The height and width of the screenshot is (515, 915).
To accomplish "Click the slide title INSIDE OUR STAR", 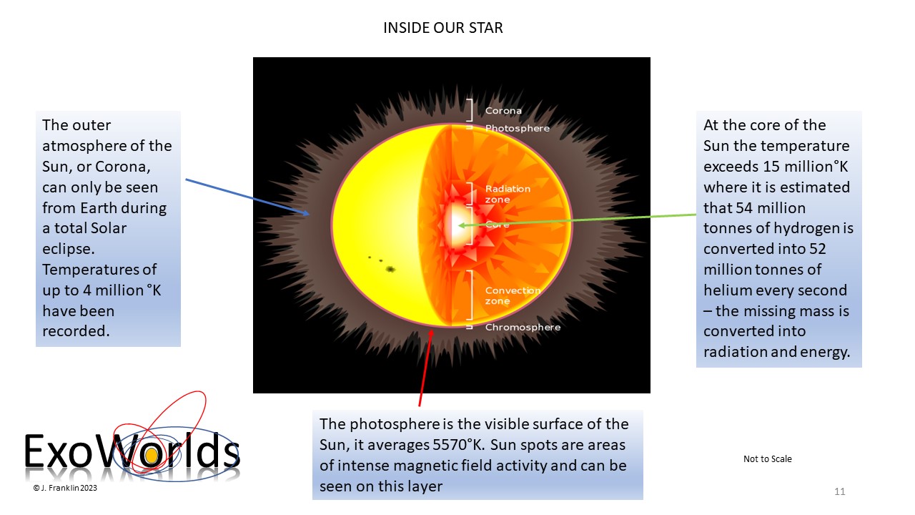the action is click(x=442, y=28).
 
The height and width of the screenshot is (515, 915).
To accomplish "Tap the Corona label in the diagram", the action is click(x=503, y=111).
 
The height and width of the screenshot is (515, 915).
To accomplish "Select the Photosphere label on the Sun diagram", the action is click(x=517, y=128).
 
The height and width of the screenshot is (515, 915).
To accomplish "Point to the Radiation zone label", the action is click(x=508, y=194).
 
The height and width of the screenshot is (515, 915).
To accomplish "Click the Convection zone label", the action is click(x=513, y=295).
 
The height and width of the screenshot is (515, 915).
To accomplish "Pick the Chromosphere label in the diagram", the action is click(x=523, y=328).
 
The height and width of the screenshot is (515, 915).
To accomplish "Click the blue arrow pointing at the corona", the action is click(x=247, y=197).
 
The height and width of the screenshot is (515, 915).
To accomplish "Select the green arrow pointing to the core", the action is click(x=577, y=220).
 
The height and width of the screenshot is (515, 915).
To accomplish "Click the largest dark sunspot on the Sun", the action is click(x=390, y=269).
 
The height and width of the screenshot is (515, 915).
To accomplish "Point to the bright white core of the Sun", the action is click(x=458, y=225).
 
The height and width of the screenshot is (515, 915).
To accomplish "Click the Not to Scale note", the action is click(x=768, y=459).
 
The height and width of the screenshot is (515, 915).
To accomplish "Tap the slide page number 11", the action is click(x=839, y=491).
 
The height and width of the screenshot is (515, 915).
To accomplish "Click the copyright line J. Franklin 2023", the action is click(x=65, y=488).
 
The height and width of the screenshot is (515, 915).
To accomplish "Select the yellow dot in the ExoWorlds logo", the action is click(x=152, y=456).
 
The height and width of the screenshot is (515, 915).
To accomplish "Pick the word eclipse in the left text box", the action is click(x=69, y=249).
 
